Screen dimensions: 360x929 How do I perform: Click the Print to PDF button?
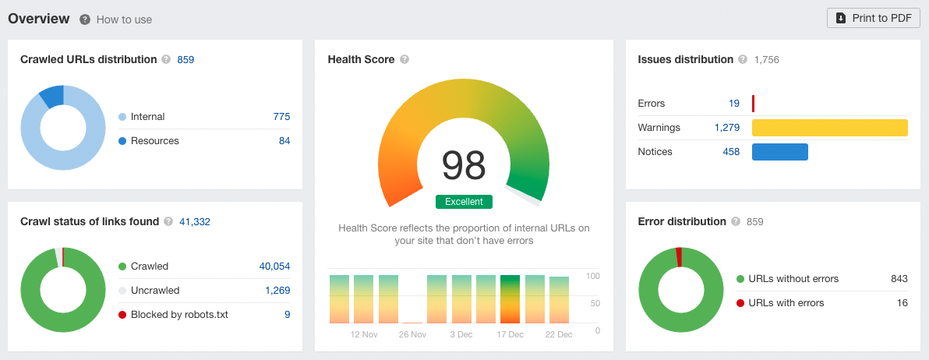click(x=873, y=18)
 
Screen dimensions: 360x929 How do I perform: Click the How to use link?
click(x=124, y=19)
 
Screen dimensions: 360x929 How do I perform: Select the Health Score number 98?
click(x=464, y=164)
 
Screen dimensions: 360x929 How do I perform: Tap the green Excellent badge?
click(x=464, y=202)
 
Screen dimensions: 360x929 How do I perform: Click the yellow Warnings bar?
click(x=829, y=128)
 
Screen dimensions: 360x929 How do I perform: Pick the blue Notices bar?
click(x=779, y=152)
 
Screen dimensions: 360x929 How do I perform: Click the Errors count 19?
click(x=734, y=104)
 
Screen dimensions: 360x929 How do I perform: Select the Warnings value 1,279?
click(x=727, y=128)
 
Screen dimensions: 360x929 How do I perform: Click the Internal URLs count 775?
click(x=281, y=117)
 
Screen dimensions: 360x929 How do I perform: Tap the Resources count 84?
click(x=284, y=141)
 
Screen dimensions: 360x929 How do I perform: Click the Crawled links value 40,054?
click(x=274, y=266)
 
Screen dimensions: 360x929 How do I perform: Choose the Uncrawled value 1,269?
click(x=277, y=291)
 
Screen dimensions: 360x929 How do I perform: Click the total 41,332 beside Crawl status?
click(x=195, y=222)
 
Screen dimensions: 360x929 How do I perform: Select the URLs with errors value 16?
click(x=902, y=303)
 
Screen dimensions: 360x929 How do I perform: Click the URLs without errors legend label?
click(x=793, y=279)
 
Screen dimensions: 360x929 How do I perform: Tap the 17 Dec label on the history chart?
click(x=510, y=334)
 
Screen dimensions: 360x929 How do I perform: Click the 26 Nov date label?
click(x=412, y=334)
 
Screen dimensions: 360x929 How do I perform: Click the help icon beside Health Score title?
click(x=404, y=59)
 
